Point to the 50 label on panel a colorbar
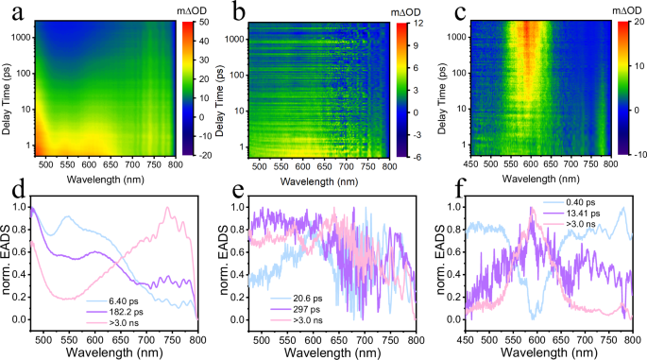pyautogui.click(x=201, y=21)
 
